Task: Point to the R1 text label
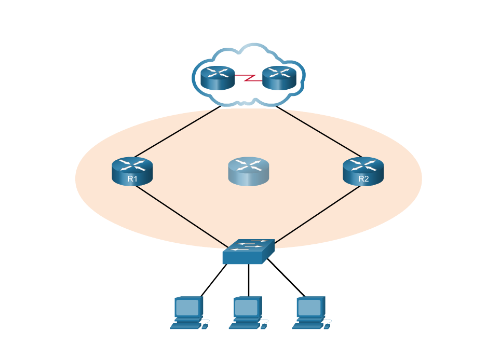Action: [132, 179]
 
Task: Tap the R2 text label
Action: [363, 179]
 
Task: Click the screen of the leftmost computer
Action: [188, 308]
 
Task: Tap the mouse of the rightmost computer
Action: [328, 326]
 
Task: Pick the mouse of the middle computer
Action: [264, 326]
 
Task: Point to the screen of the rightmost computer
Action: [310, 308]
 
